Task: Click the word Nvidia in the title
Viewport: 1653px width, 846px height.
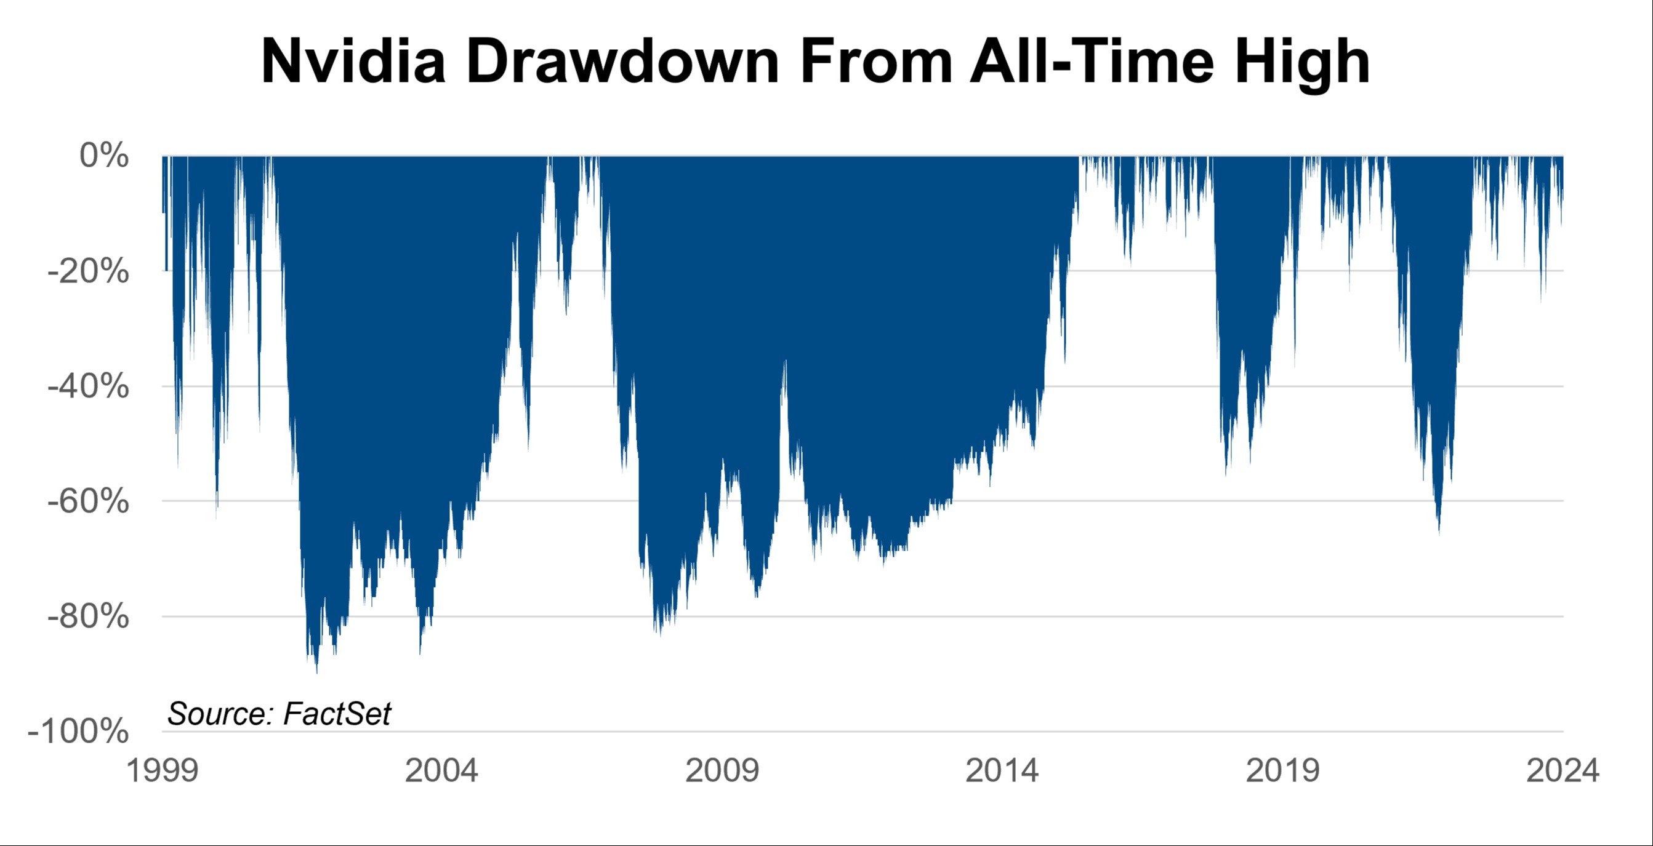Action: click(x=353, y=61)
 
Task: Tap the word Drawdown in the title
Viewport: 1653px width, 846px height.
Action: click(x=622, y=61)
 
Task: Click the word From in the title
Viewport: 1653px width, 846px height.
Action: click(x=877, y=61)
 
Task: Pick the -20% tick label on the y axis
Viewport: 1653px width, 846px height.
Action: click(x=89, y=271)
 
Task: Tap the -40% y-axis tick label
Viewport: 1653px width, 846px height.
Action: click(x=89, y=386)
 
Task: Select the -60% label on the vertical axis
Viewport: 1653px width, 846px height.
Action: click(x=89, y=501)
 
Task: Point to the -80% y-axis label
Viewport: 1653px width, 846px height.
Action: click(x=89, y=617)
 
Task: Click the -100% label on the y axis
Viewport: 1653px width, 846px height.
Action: click(x=78, y=731)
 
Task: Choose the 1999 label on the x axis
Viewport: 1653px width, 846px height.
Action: click(x=163, y=770)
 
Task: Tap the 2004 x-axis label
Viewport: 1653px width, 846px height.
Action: click(x=441, y=770)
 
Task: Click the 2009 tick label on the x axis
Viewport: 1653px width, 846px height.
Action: click(x=722, y=770)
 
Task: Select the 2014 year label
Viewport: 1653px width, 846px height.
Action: click(x=1002, y=770)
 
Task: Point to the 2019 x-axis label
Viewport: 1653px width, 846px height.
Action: click(x=1282, y=770)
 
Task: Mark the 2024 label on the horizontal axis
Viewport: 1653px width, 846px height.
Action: click(x=1563, y=770)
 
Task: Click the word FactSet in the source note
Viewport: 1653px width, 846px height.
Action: click(x=337, y=714)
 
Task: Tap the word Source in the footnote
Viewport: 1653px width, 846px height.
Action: click(x=220, y=714)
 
